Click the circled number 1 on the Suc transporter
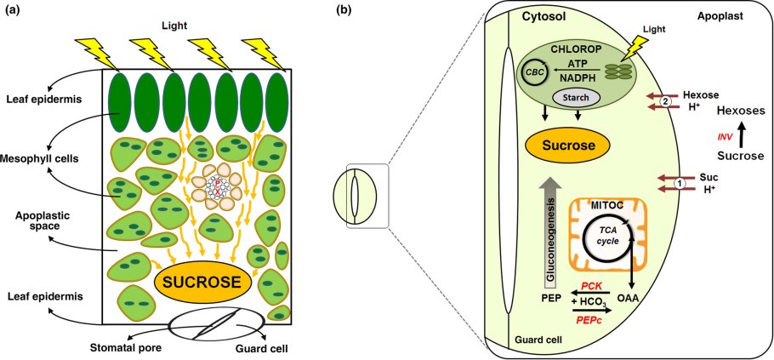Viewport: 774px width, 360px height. point(679,182)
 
